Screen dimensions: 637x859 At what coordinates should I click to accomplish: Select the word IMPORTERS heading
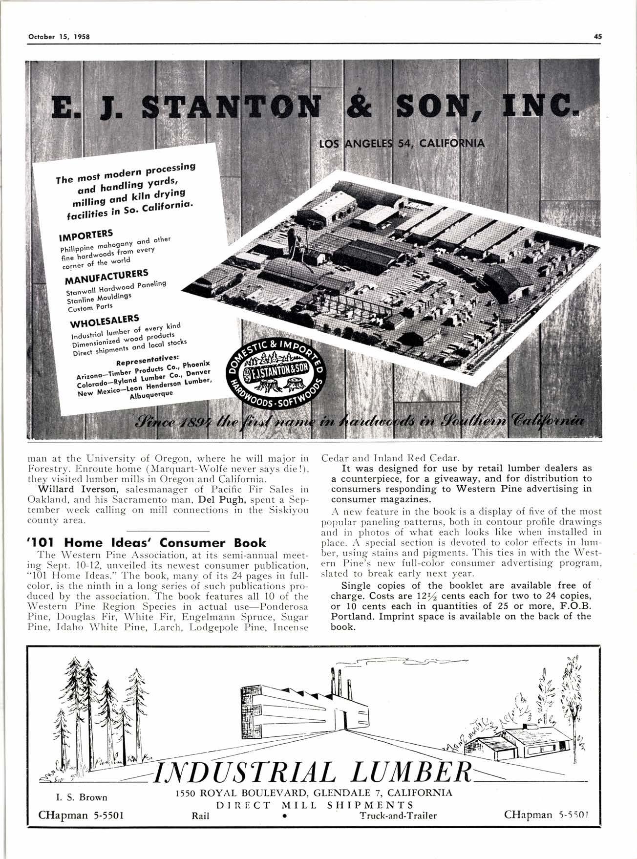point(86,235)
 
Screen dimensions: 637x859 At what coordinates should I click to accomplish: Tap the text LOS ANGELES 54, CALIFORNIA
point(402,144)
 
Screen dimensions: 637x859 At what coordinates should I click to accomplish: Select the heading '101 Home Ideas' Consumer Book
point(152,542)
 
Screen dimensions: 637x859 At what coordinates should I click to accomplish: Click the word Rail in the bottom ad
point(201,815)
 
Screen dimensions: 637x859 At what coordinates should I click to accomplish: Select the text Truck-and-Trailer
point(398,815)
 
